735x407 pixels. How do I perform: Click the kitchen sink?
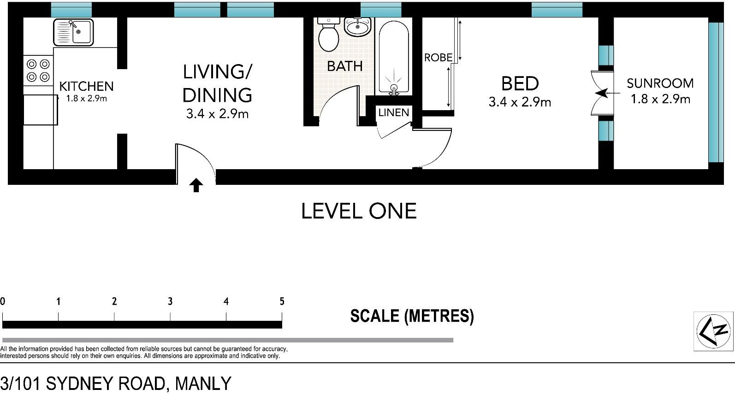[x=73, y=32]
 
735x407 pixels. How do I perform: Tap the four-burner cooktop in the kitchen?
[x=38, y=71]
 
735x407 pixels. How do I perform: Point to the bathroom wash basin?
[x=358, y=27]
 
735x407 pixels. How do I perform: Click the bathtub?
[x=394, y=57]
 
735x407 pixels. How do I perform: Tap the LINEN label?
[x=393, y=112]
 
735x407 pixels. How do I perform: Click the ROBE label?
[x=439, y=58]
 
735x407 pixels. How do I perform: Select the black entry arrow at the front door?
[x=196, y=185]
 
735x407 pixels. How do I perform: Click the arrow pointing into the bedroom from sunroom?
[x=607, y=94]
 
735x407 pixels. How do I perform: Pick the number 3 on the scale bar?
[x=170, y=301]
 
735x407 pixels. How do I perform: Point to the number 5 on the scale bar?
[x=282, y=301]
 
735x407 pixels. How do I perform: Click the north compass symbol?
[x=713, y=331]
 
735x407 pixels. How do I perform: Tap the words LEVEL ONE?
[x=359, y=211]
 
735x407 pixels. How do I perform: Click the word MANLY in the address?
[x=203, y=383]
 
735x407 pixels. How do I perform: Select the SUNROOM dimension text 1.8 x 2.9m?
[x=660, y=99]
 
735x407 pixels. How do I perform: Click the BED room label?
[x=520, y=83]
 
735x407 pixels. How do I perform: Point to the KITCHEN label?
[x=86, y=86]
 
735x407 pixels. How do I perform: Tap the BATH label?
[x=344, y=66]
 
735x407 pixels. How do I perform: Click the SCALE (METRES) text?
[x=412, y=316]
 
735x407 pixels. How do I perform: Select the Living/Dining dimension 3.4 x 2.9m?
[x=217, y=114]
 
